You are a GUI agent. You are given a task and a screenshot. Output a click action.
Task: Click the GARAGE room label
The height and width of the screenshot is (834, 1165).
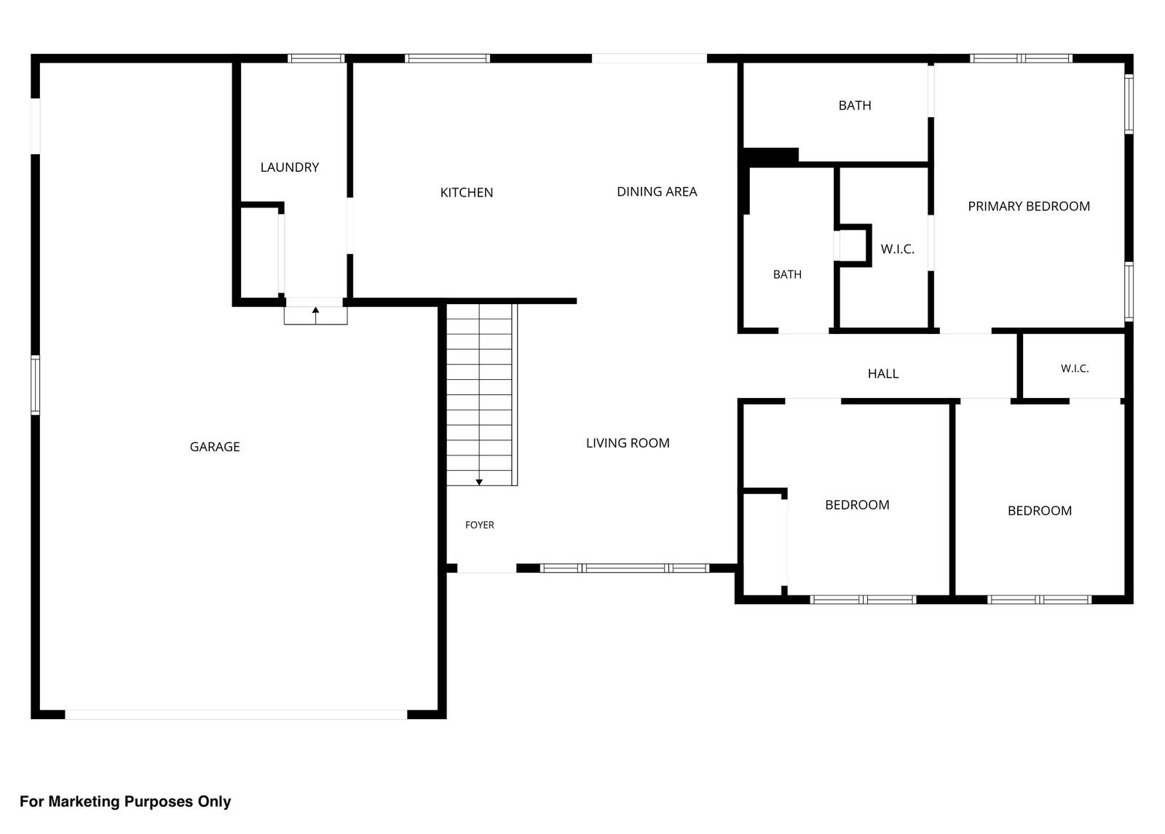[215, 447]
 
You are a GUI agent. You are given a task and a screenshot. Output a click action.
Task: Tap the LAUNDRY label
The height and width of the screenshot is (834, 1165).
[290, 167]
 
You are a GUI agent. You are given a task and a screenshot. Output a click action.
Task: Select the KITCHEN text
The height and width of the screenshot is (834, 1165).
[467, 192]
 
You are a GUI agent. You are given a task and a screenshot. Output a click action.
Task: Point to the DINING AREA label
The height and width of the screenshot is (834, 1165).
[657, 191]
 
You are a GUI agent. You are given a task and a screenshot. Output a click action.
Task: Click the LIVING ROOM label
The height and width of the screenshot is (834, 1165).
[628, 443]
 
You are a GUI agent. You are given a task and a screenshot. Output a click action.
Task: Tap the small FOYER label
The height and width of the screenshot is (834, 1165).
[480, 525]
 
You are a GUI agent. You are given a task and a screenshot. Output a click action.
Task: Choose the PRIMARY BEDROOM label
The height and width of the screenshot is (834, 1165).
[1029, 206]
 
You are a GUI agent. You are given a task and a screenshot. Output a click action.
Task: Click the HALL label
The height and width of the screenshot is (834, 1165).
[883, 373]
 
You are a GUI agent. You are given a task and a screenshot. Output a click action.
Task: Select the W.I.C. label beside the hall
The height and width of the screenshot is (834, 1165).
[1075, 369]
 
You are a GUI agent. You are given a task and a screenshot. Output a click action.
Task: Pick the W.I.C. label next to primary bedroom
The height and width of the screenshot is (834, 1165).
[897, 249]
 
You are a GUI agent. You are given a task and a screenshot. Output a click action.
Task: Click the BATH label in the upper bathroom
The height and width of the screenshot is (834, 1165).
[855, 106]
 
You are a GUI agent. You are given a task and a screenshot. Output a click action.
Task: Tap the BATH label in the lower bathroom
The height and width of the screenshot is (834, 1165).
[787, 274]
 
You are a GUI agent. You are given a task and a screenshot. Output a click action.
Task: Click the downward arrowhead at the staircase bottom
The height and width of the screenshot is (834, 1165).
[479, 482]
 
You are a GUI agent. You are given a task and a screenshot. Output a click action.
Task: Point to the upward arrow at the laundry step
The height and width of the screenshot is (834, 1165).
[316, 316]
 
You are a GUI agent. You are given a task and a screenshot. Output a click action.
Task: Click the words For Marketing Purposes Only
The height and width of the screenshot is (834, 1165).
[125, 801]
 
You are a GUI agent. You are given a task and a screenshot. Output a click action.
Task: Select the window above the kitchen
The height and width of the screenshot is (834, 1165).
[447, 58]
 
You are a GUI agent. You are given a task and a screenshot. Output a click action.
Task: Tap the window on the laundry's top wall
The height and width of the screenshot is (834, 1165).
[316, 58]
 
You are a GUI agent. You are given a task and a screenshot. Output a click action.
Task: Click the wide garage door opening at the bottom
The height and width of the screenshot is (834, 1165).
[236, 715]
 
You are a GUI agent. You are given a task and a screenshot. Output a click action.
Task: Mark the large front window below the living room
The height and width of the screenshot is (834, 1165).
[625, 568]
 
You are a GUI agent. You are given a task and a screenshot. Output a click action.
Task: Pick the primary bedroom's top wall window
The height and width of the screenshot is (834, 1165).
[1021, 58]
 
